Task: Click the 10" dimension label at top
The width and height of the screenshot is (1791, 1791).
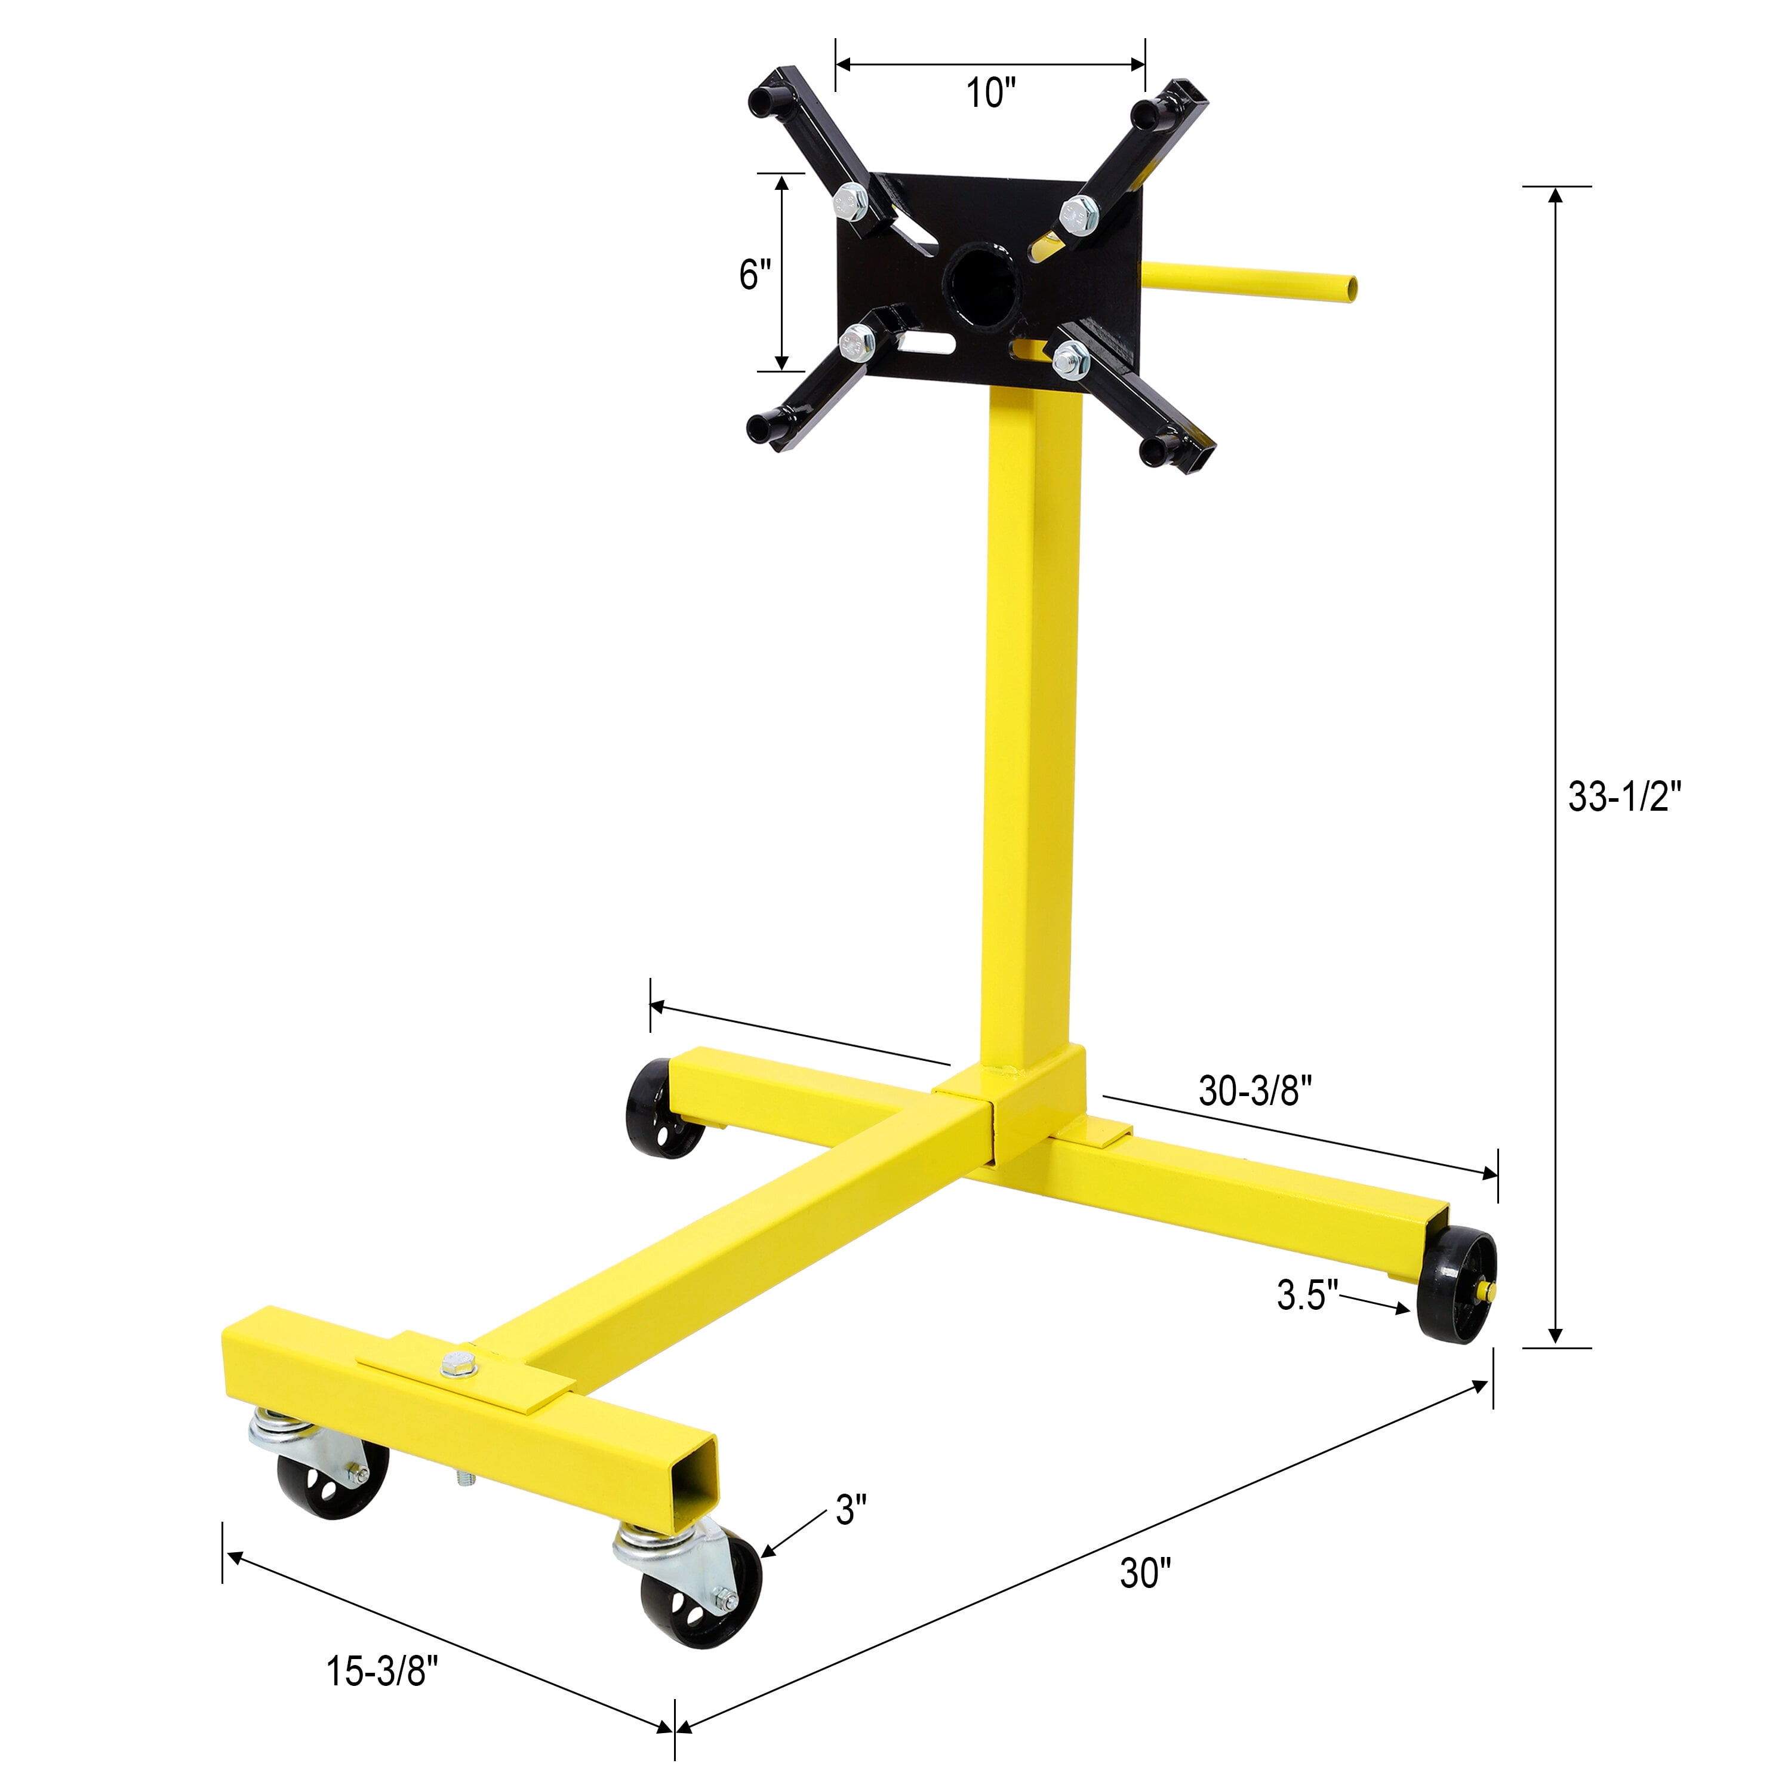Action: click(x=990, y=93)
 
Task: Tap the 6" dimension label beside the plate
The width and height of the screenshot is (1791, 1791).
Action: click(x=755, y=275)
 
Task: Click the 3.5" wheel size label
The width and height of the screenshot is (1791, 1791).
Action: click(x=1307, y=1295)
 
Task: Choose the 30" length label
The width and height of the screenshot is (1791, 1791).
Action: click(x=1145, y=1573)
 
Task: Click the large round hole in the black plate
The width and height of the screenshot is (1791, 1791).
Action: click(x=981, y=279)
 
